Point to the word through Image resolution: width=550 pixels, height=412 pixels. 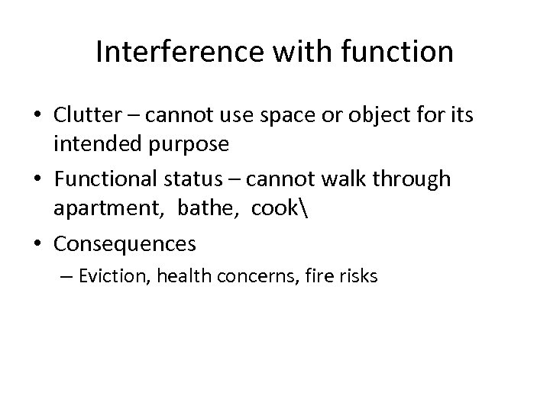(411, 179)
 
